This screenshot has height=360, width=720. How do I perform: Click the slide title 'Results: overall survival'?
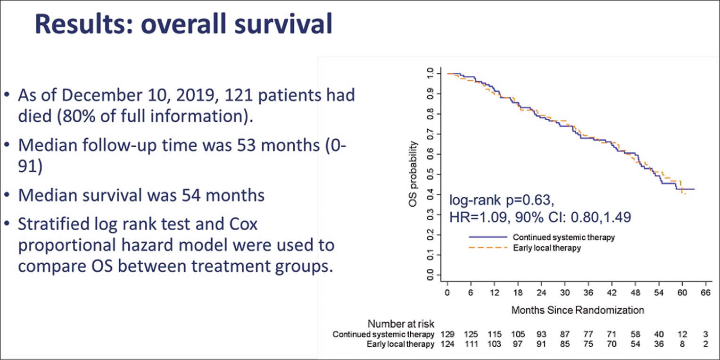coord(184,25)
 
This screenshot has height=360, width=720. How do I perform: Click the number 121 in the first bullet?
coord(229,95)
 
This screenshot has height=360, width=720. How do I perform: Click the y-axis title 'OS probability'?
coord(414,175)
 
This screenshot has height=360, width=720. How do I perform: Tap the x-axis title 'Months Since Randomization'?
coord(578,310)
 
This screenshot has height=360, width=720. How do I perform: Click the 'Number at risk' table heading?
coord(401,324)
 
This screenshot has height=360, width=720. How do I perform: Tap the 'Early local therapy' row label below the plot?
coord(401,344)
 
